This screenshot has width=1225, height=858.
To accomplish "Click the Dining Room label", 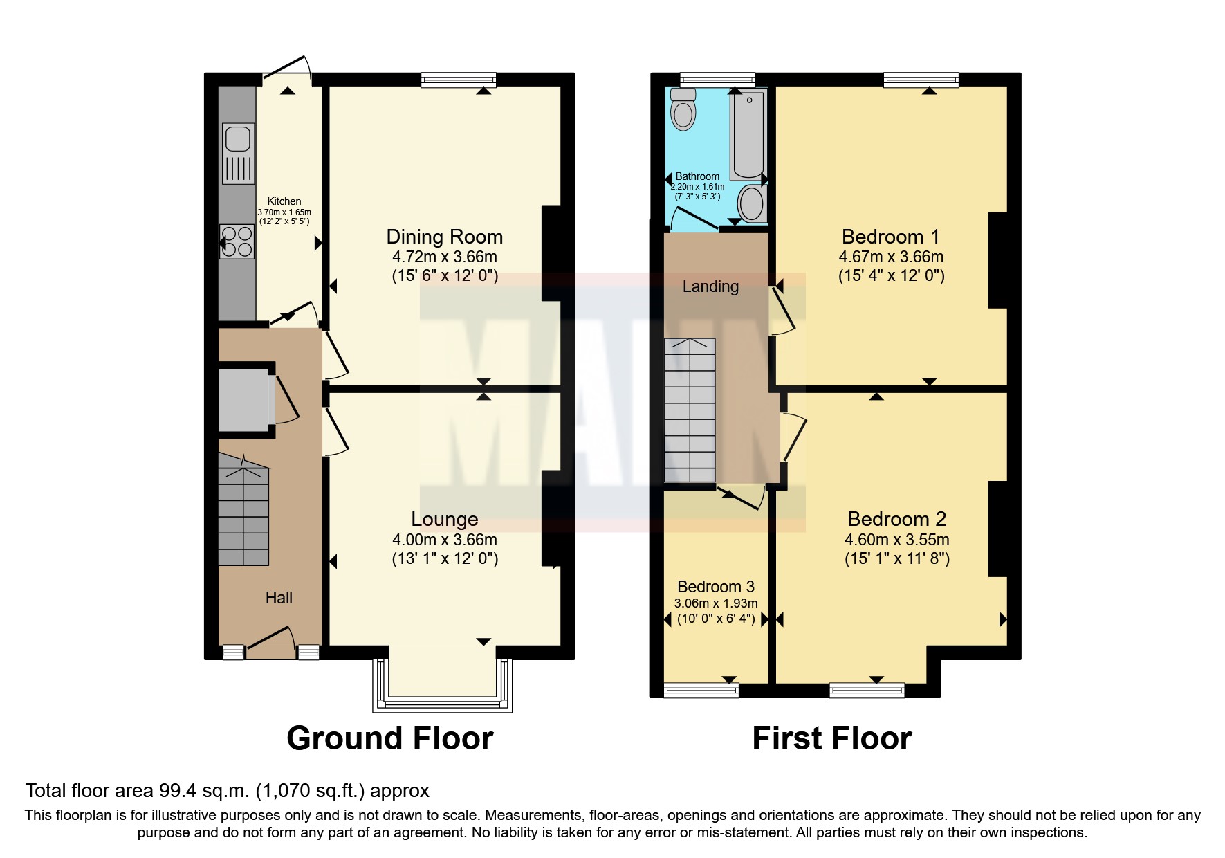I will coord(444,237).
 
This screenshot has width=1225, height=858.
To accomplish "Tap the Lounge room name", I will coord(444,519).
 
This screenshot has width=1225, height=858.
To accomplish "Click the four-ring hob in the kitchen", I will coord(237,241).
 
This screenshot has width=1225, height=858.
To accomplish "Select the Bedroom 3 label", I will coord(715,586).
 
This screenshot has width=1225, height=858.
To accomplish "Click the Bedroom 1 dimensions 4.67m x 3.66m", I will coord(891,257).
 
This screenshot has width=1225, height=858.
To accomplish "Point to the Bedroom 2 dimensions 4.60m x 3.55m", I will coord(896,539).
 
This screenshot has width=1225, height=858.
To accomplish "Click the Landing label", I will coord(710,286).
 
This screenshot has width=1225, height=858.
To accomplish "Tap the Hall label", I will coord(279,598).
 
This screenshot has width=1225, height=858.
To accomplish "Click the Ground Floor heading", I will coord(389,738).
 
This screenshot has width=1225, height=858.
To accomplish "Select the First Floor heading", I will coord(831,738).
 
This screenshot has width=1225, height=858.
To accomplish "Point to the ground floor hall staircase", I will coord(243,512).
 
